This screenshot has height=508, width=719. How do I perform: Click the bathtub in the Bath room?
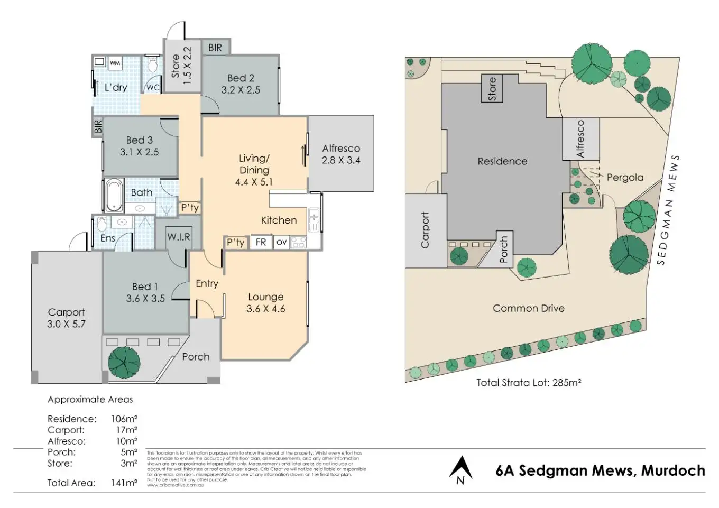pyautogui.click(x=113, y=195)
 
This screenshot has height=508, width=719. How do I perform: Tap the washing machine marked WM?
pyautogui.click(x=115, y=63)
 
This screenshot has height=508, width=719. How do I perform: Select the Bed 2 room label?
pyautogui.click(x=241, y=84)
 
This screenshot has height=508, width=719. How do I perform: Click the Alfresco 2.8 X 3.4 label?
pyautogui.click(x=341, y=154)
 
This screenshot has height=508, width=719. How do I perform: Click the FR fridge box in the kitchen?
pyautogui.click(x=261, y=242)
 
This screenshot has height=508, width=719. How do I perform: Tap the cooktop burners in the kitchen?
pyautogui.click(x=298, y=242)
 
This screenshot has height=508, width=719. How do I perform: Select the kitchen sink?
pyautogui.click(x=314, y=219)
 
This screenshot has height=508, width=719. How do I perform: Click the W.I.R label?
pyautogui.click(x=179, y=237)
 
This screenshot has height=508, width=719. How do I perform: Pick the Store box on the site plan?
pyautogui.click(x=492, y=88)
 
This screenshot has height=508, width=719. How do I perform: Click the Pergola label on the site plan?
pyautogui.click(x=625, y=178)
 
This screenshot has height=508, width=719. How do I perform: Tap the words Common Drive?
pyautogui.click(x=528, y=308)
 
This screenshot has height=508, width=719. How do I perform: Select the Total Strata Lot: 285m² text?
pyautogui.click(x=529, y=382)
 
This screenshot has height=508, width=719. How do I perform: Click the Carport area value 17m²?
pyautogui.click(x=127, y=430)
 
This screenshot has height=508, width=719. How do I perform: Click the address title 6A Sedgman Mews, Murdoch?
pyautogui.click(x=600, y=470)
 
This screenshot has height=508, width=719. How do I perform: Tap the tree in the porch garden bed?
pyautogui.click(x=124, y=362)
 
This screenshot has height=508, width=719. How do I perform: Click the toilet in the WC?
pyautogui.click(x=153, y=66)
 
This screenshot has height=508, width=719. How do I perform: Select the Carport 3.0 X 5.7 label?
pyautogui.click(x=66, y=318)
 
